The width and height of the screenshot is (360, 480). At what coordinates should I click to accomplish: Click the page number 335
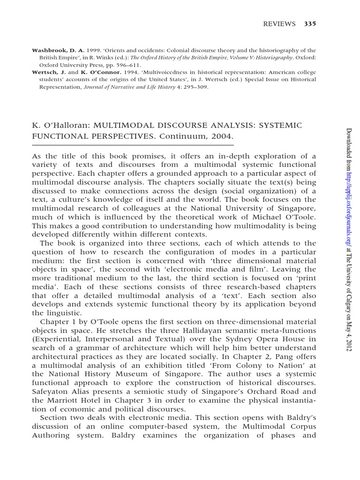[x=310, y=24]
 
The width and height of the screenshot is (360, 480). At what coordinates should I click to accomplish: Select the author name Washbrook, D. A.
[x=53, y=50]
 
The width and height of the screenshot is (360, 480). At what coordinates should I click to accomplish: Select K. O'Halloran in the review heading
[x=59, y=125]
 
